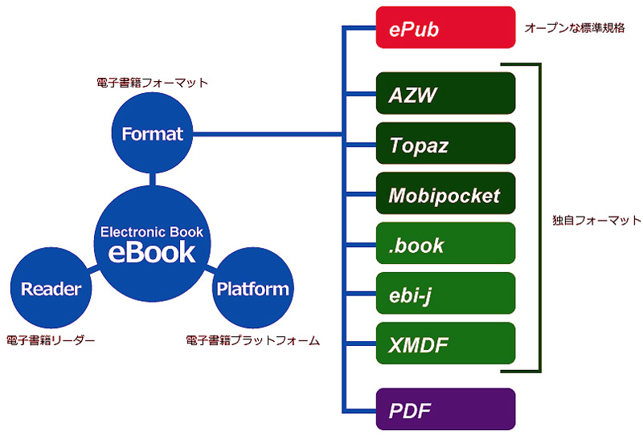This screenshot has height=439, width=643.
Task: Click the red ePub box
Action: [445, 27]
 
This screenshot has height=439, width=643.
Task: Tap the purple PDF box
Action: [445, 409]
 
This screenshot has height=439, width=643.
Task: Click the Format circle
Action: [153, 134]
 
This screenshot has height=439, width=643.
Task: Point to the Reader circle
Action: [51, 288]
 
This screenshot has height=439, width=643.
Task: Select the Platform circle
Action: [252, 288]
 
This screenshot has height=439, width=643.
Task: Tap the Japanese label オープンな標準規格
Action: [574, 28]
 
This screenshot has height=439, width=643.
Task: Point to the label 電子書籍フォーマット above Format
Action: [152, 83]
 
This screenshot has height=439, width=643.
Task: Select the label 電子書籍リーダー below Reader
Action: [51, 341]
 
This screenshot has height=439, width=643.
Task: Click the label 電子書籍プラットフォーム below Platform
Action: [252, 341]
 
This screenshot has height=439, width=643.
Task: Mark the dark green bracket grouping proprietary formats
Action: [540, 218]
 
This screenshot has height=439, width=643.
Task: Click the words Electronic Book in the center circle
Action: [152, 232]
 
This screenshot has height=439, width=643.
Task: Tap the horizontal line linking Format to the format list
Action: [265, 134]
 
